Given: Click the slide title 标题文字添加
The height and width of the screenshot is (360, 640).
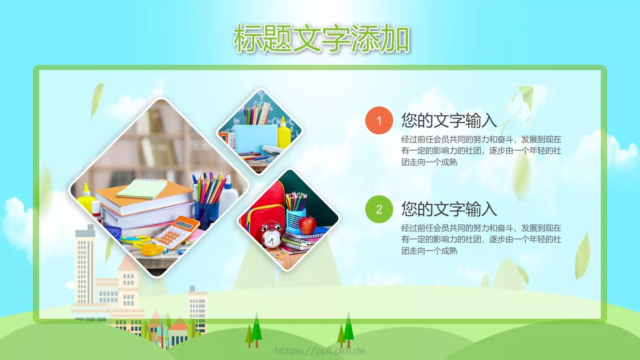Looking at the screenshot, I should tap(321, 39).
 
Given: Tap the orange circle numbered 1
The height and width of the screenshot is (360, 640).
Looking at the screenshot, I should tap(379, 120).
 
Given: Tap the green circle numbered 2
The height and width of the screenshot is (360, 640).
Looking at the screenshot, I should tap(379, 209).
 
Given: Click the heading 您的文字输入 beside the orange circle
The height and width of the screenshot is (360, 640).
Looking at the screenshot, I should tap(449, 120).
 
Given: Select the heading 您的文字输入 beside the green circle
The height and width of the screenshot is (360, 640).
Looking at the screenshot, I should tap(449, 209).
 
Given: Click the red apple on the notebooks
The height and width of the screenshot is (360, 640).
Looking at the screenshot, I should tap(307, 225).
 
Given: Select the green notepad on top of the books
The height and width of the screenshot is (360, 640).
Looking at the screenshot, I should tap(142, 189).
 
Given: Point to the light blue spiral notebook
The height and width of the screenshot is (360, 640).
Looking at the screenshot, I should tap(256, 138).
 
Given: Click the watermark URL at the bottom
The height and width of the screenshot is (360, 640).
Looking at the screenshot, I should tap(320, 351).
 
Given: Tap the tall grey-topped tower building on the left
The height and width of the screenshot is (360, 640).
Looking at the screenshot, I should tap(85, 264).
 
